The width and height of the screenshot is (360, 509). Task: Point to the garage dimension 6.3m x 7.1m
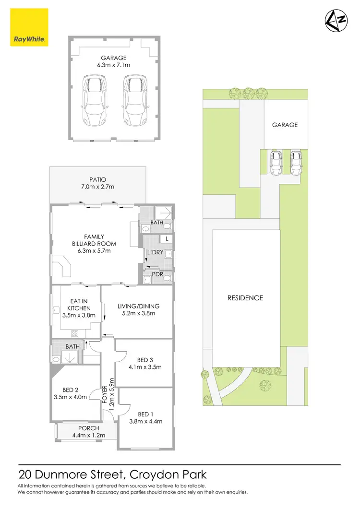113,65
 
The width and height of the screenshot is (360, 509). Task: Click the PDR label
157,274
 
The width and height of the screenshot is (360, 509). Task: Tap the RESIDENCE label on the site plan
245,297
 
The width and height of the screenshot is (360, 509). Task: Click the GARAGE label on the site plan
285,125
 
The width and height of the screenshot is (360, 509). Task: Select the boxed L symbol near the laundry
166,238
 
